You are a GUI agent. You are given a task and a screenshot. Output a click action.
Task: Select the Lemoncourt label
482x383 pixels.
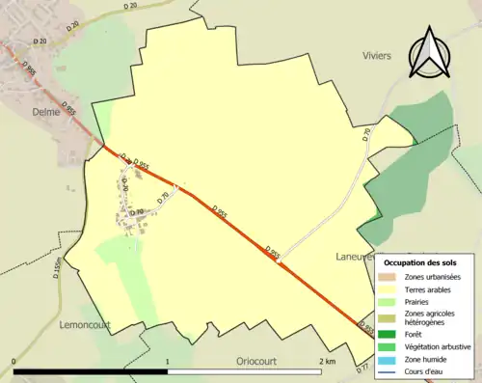point(87,324)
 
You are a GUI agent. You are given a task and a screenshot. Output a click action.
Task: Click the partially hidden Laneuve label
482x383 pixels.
point(355,257)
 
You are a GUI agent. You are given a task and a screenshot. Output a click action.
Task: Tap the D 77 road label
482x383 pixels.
point(362,369)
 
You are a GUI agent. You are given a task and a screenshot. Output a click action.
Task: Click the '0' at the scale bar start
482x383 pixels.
point(14,361)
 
